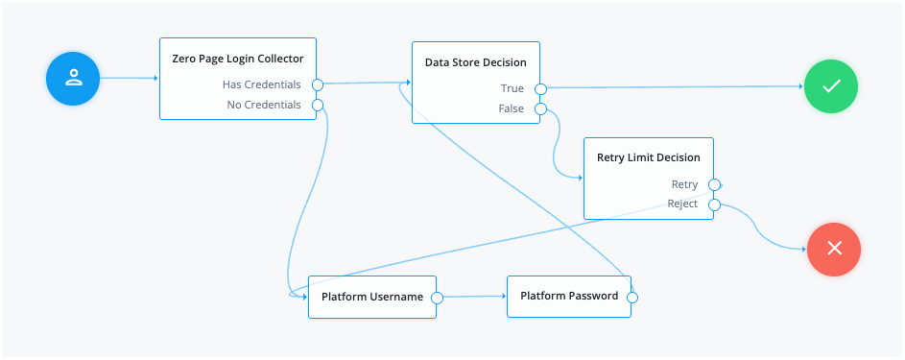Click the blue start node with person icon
(x=73, y=80)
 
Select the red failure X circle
(x=834, y=248)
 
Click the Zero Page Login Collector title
(x=237, y=59)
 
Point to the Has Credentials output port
(x=318, y=84)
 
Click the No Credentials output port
(x=318, y=105)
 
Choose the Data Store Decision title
(x=475, y=62)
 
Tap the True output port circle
(x=540, y=89)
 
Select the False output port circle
(x=540, y=109)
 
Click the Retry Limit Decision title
(x=648, y=157)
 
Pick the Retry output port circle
(x=713, y=184)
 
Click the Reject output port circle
(x=713, y=204)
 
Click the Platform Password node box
(x=569, y=296)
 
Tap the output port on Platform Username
(x=437, y=298)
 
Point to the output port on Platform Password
(x=632, y=298)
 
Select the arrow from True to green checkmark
(x=672, y=87)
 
